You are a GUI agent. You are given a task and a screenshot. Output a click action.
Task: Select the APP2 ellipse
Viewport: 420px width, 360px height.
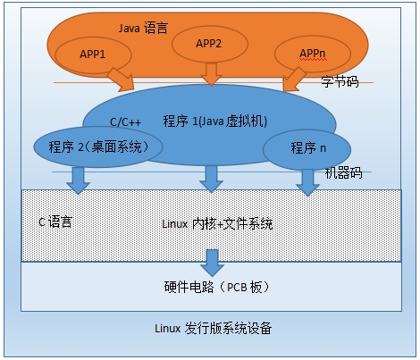(208, 44)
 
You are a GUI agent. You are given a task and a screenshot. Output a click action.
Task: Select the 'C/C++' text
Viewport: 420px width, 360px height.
(126, 122)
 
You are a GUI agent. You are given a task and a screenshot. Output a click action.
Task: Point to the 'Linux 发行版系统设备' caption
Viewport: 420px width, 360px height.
(211, 328)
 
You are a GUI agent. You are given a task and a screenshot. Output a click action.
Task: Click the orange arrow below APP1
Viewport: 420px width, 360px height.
(122, 79)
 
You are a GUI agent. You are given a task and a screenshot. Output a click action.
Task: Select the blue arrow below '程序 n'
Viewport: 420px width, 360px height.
(307, 181)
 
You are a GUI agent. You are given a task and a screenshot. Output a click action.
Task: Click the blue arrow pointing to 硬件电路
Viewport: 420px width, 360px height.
(212, 262)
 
